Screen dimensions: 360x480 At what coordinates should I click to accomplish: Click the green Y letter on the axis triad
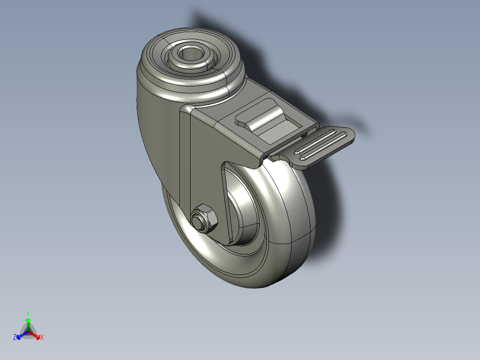point(28,313)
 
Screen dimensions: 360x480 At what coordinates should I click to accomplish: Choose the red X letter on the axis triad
point(42,338)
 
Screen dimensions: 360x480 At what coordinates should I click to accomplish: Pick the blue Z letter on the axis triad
point(15,338)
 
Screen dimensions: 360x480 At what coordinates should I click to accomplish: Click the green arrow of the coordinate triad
point(28,323)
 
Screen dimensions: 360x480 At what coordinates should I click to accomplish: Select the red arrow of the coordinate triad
point(36,335)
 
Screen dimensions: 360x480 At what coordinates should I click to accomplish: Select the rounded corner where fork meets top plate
point(186,110)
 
